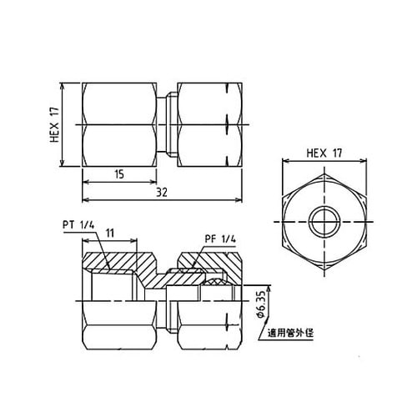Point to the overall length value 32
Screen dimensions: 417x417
point(164,192)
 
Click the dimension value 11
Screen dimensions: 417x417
point(110,236)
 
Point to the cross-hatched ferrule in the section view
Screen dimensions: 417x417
point(219,284)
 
